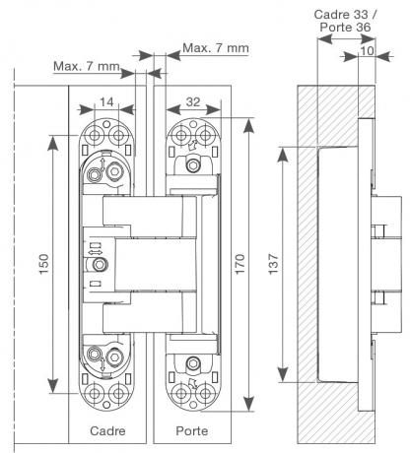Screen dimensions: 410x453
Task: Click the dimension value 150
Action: point(44,264)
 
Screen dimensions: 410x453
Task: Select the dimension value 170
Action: point(240,264)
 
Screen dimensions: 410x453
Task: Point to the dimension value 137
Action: point(273,264)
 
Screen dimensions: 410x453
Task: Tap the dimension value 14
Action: point(106,102)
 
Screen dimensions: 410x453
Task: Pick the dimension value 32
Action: point(193,102)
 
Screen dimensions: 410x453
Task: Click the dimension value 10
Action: point(367,50)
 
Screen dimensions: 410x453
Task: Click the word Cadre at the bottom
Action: point(107,430)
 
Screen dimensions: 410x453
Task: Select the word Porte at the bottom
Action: point(192,430)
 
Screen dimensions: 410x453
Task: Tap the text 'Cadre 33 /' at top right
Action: point(346,15)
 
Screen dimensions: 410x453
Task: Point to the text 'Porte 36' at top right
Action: point(345,28)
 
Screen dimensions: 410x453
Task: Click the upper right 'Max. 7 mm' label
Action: point(216,48)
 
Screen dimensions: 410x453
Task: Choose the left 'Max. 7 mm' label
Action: point(87,66)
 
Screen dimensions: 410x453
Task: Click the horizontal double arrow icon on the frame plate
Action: point(96,252)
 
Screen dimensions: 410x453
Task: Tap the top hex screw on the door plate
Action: point(193,164)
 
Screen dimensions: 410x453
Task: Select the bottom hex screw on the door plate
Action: point(193,363)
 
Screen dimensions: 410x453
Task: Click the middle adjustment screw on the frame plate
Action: point(100,265)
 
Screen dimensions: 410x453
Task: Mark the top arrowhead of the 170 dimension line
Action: point(249,126)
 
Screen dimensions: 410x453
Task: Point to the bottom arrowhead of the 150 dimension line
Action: point(52,385)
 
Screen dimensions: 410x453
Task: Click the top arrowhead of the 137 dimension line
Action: point(283,155)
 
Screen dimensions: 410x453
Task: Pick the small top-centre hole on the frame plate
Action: point(106,124)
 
